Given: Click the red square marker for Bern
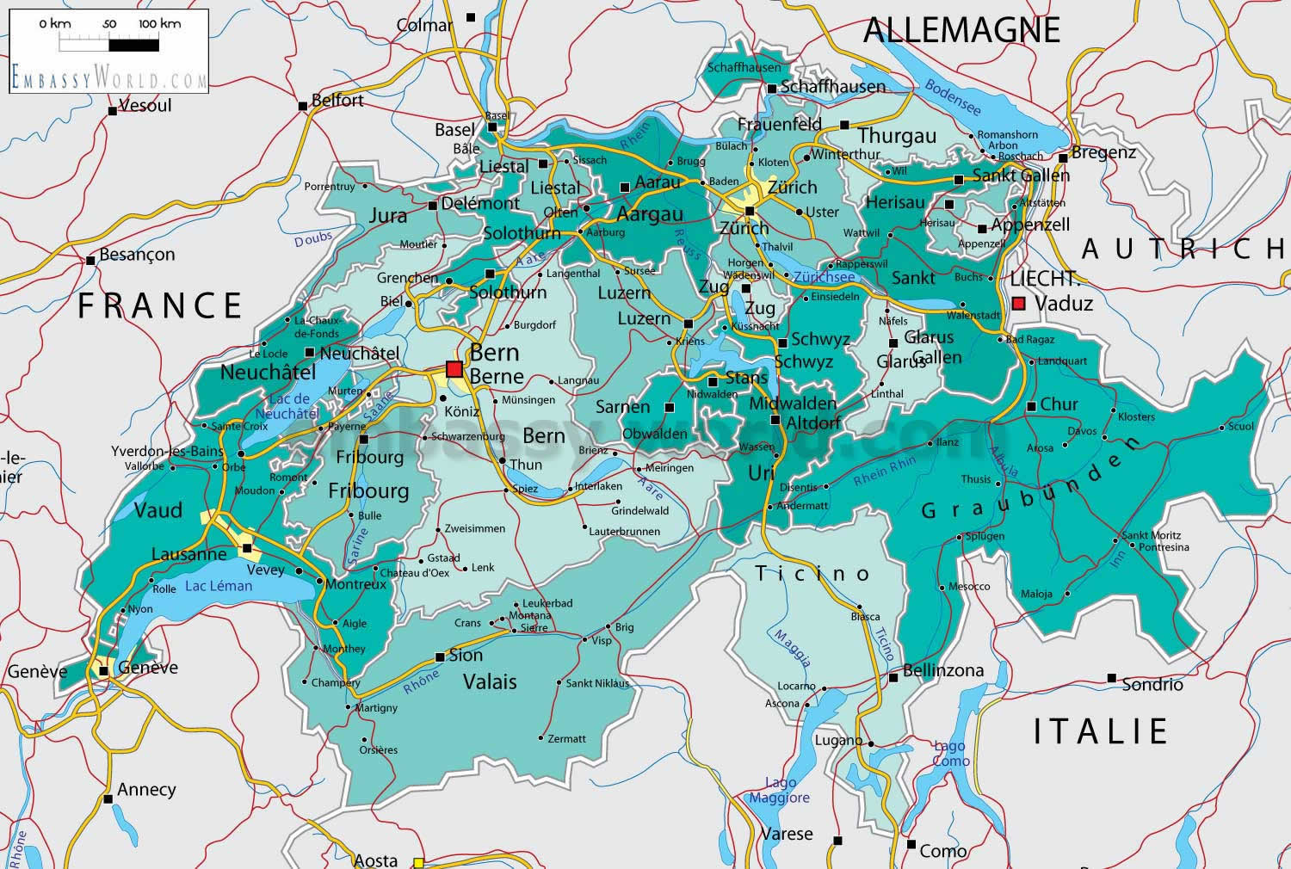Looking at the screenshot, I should (454, 370).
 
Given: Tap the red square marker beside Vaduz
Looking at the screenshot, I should (1019, 303).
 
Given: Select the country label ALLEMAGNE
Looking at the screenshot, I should (961, 30).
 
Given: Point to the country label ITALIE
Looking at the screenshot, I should (1100, 731).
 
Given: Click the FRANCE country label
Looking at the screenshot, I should (161, 306).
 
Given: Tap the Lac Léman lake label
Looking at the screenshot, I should (219, 586).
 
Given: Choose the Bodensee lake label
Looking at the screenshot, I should (952, 98).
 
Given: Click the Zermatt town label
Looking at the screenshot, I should (567, 738).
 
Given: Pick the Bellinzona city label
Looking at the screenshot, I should (942, 670).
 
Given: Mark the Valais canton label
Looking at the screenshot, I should (490, 682).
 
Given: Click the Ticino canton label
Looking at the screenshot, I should (813, 574).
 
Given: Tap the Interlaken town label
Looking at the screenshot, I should (598, 486).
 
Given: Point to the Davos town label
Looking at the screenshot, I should (1082, 431).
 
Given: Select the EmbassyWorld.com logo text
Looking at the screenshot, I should (109, 77).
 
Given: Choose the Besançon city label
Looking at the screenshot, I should (137, 255).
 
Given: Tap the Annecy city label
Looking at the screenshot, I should (146, 789).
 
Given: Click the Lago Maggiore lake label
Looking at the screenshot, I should (780, 790).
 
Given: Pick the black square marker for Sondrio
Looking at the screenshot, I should (1112, 678).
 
